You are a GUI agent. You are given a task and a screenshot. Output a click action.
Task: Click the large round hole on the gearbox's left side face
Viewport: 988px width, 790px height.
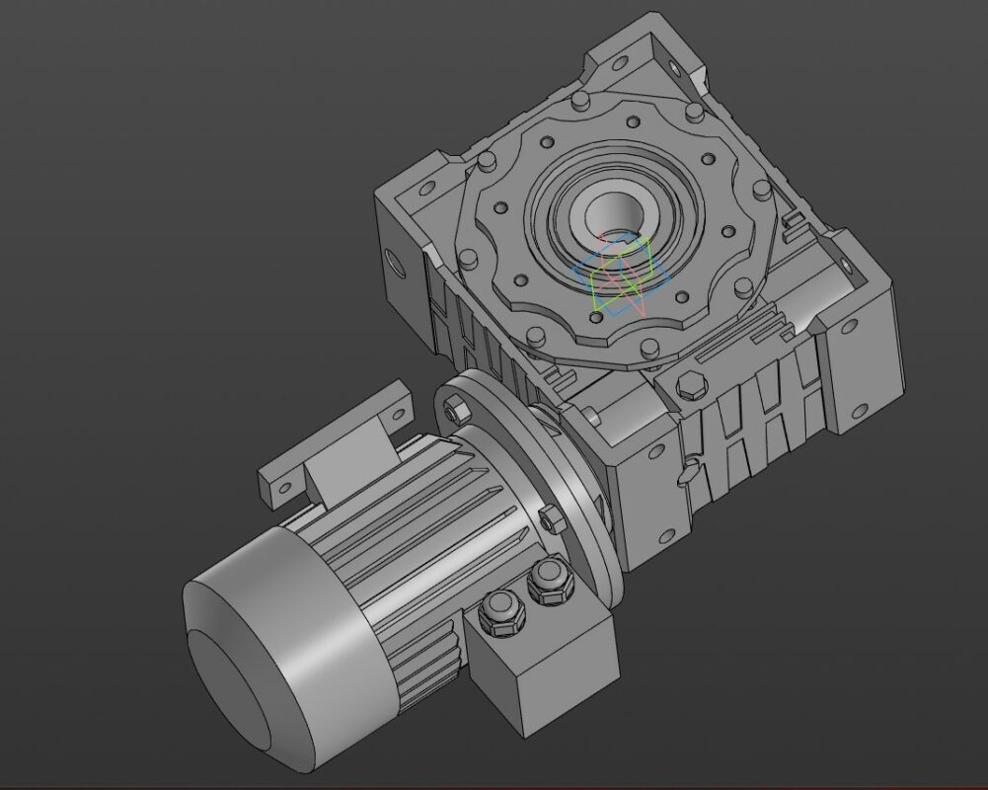pos(395,262)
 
